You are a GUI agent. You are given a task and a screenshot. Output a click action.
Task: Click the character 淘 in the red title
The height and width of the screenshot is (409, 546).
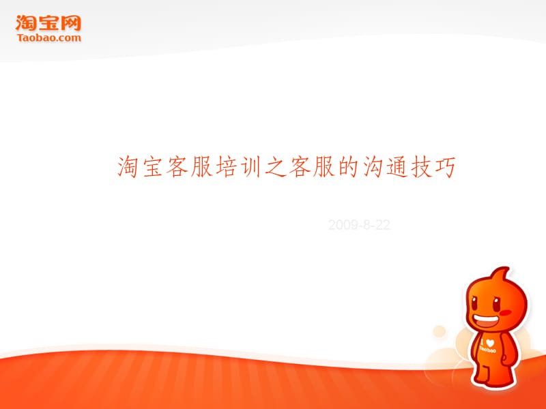(128, 166)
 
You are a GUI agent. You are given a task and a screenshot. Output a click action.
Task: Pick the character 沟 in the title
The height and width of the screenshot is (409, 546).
(373, 166)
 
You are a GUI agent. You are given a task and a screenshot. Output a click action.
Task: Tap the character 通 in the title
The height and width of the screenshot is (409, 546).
(397, 166)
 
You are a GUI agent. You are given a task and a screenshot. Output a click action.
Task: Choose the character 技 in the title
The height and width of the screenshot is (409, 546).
(422, 166)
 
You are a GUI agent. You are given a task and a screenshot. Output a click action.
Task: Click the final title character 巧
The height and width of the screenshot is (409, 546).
(446, 166)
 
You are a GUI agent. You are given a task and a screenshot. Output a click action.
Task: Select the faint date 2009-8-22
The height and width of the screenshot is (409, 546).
(359, 225)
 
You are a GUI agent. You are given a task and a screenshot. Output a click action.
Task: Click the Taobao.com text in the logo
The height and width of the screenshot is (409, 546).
(48, 37)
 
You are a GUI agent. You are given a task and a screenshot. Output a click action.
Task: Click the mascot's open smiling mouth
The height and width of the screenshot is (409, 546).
(485, 320)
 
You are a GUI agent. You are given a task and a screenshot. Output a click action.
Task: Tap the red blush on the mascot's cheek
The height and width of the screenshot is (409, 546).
(505, 312)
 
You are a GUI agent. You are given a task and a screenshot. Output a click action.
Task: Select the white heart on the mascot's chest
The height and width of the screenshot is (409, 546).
(490, 343)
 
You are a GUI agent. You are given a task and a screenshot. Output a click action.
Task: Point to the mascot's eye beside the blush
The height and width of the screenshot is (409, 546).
(497, 304)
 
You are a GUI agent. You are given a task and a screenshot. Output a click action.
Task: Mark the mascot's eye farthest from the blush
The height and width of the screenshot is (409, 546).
(474, 302)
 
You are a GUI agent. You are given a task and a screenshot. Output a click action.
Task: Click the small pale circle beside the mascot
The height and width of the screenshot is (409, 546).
(439, 331)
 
